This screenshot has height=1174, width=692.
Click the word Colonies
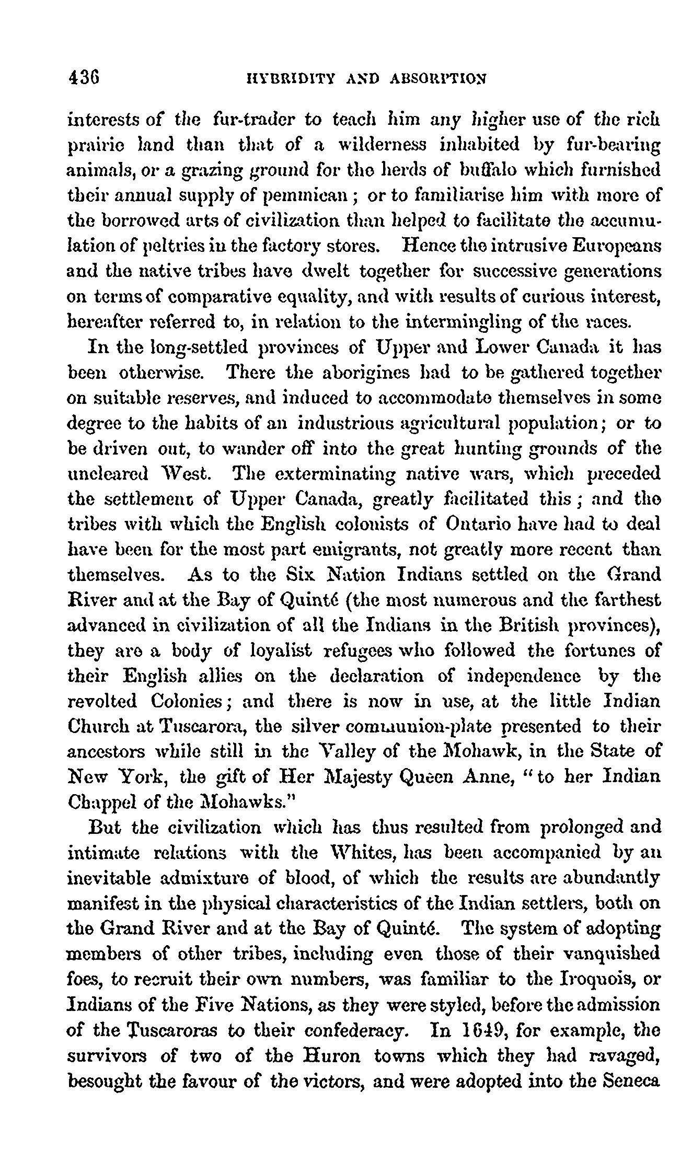(x=188, y=701)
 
